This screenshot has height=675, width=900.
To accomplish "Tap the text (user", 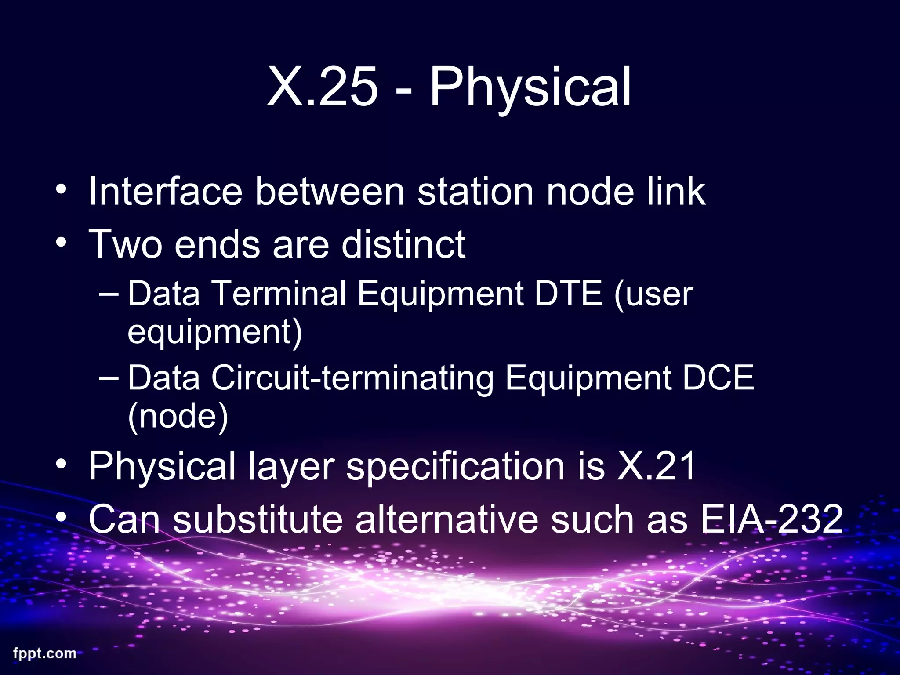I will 653,293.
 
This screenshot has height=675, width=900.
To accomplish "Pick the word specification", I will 455,467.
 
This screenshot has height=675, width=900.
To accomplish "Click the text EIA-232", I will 771,519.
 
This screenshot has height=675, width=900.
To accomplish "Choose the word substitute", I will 258,519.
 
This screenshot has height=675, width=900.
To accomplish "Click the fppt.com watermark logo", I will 44,653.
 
